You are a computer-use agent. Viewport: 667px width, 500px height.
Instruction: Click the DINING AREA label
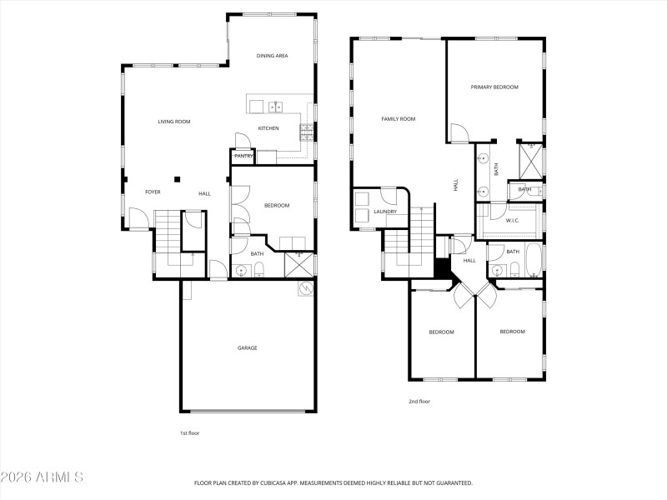272,55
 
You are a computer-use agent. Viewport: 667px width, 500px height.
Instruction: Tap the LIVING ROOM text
174,122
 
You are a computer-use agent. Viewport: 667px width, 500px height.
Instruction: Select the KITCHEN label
268,128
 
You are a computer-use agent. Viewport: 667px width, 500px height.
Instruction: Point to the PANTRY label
243,156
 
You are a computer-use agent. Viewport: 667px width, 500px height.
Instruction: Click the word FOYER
153,192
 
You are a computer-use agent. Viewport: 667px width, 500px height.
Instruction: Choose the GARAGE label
247,347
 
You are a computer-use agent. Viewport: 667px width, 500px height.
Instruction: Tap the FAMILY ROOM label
398,119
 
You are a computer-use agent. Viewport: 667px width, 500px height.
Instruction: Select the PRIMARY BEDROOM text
494,87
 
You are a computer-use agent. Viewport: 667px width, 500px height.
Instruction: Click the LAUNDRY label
384,212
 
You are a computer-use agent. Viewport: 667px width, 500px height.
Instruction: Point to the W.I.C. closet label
513,220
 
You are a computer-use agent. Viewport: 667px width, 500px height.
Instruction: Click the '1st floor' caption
189,433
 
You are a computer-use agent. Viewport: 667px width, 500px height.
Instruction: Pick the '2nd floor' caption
419,402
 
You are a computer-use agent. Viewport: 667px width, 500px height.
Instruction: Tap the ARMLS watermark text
42,477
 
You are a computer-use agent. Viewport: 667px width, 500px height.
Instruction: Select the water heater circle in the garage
305,288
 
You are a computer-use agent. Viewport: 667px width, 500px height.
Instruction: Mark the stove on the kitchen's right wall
308,129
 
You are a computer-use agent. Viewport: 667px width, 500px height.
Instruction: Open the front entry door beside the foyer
138,219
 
